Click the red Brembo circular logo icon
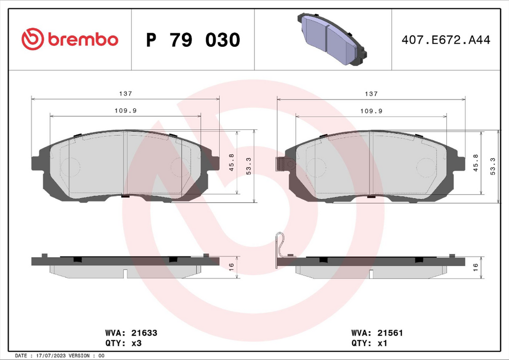tap(32, 39)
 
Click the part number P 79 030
tap(193, 40)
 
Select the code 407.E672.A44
tap(446, 40)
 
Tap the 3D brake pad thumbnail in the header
tap(332, 39)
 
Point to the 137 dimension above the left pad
tap(126, 93)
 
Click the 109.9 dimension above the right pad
tap(371, 111)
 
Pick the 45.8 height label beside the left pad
tap(232, 162)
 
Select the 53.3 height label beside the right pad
tap(493, 166)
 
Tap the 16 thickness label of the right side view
tap(475, 267)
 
